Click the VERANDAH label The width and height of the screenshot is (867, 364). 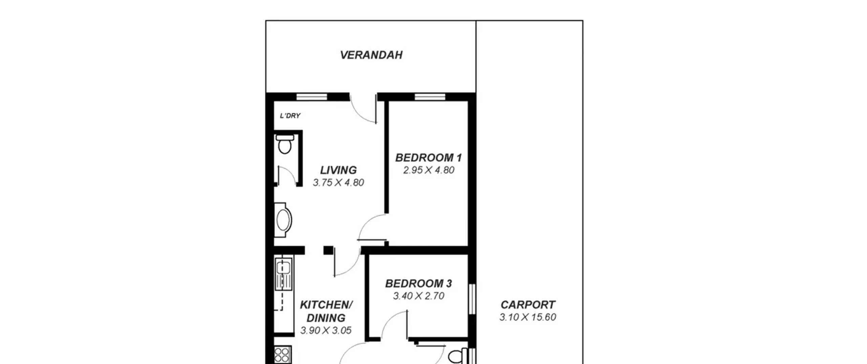371,55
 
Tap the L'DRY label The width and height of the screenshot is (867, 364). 290,116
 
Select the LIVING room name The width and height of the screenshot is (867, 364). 338,170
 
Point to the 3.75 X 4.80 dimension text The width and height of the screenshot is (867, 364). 338,183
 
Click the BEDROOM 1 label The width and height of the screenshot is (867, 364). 428,158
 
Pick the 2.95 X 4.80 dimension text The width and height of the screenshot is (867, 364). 428,170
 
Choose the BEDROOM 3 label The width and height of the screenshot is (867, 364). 419,283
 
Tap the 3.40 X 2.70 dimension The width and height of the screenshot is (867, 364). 419,296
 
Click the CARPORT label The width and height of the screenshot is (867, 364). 528,305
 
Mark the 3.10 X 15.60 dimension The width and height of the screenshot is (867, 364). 528,317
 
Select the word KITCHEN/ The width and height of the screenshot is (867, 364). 326,305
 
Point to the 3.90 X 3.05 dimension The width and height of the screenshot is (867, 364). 326,330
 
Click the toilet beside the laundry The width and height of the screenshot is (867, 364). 284,144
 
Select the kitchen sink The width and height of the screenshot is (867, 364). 283,274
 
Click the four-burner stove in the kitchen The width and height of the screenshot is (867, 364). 282,355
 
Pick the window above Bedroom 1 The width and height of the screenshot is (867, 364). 430,97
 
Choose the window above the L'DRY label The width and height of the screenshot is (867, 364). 312,97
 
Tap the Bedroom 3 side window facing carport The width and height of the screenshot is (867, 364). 472,299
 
